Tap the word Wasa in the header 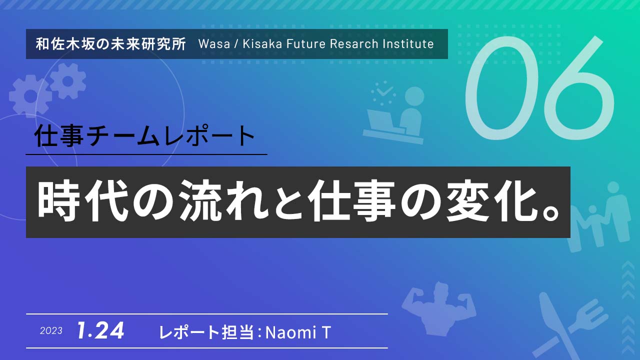(214, 44)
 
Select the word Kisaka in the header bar (262, 44)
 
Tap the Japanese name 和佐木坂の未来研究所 (111, 44)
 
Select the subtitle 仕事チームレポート (144, 135)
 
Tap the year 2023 (51, 331)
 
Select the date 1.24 (100, 330)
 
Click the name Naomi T (298, 332)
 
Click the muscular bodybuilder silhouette (438, 308)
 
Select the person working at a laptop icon (393, 113)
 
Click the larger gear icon (30, 96)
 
